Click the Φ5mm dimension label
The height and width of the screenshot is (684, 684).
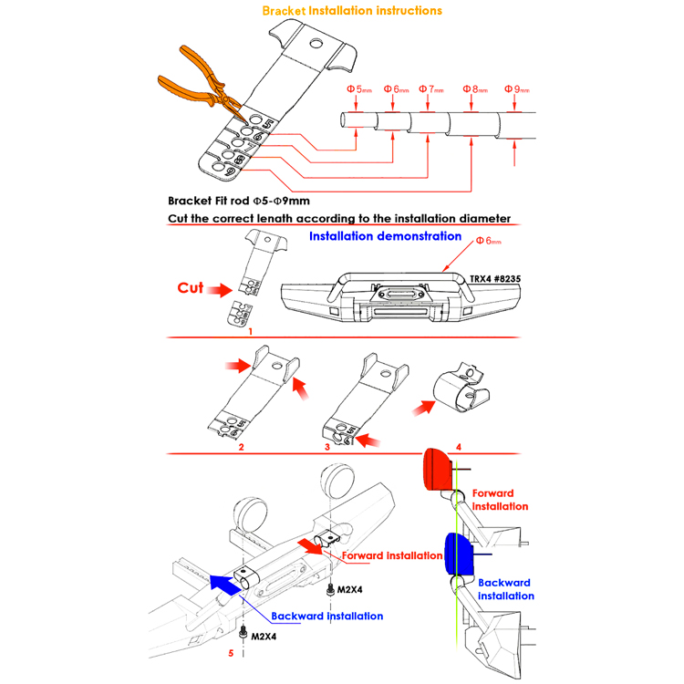click(x=358, y=89)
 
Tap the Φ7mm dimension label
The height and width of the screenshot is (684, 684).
click(x=431, y=89)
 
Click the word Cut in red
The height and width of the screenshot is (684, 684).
click(x=190, y=288)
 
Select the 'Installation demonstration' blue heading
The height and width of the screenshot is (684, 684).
click(x=385, y=236)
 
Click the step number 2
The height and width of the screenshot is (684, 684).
click(x=241, y=448)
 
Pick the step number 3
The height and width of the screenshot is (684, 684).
click(x=326, y=448)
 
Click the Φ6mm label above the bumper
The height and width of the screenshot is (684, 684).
click(x=489, y=240)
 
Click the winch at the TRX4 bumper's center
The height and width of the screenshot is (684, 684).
click(x=389, y=294)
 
